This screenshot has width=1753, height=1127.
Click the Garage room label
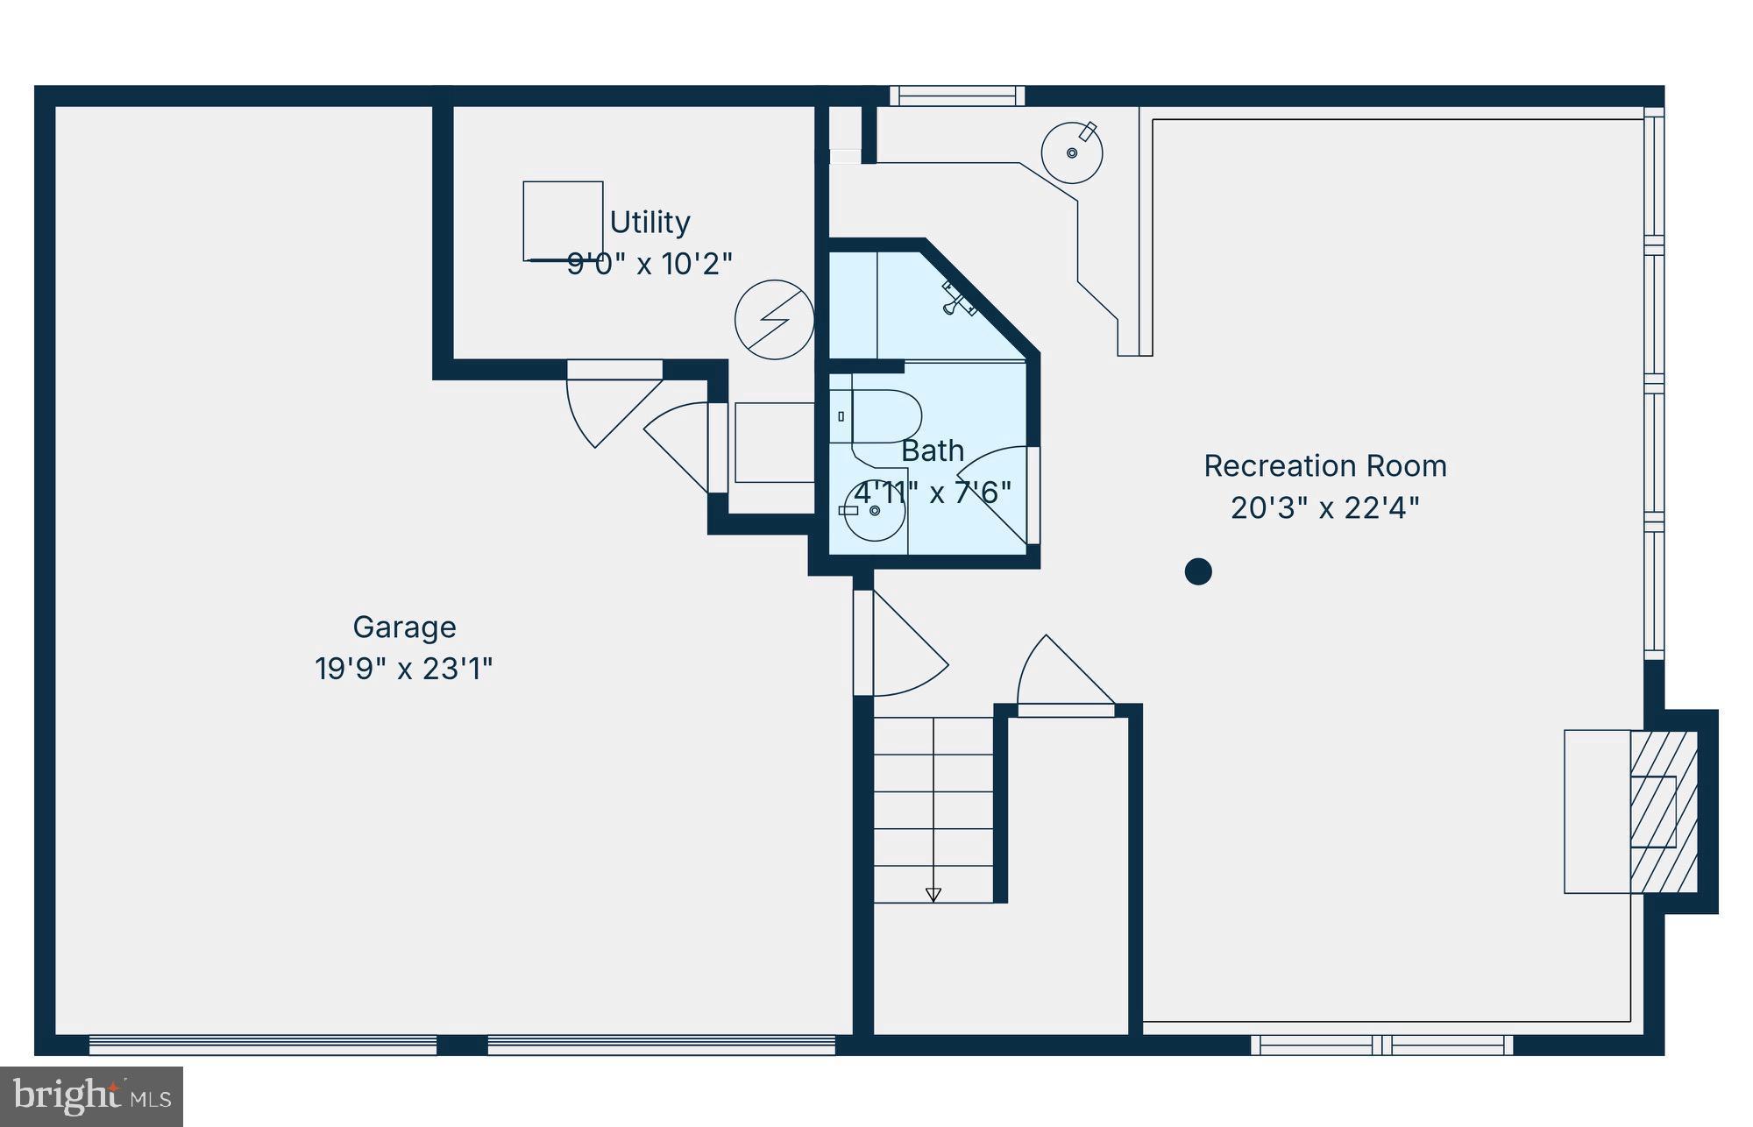(404, 627)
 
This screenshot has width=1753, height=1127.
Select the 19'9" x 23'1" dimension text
(404, 670)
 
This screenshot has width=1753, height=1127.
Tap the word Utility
(649, 223)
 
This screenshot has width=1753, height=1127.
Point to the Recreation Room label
(1324, 466)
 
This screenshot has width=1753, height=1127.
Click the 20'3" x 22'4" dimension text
(1324, 508)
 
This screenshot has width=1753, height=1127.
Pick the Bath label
(933, 451)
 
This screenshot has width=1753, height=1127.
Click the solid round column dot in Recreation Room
(1198, 571)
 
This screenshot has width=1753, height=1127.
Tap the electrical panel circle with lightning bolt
(774, 320)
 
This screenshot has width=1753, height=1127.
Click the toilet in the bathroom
(881, 416)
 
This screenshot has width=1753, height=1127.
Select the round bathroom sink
(875, 511)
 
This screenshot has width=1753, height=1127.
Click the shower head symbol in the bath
(958, 299)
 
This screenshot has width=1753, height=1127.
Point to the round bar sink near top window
(1071, 152)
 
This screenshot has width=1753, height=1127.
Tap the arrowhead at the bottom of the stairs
(933, 895)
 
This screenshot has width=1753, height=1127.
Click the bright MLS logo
(91, 1096)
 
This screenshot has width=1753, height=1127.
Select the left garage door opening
(263, 1045)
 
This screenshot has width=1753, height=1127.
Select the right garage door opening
(661, 1045)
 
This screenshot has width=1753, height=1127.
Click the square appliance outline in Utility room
(563, 221)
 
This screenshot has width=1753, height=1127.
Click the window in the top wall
(956, 96)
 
